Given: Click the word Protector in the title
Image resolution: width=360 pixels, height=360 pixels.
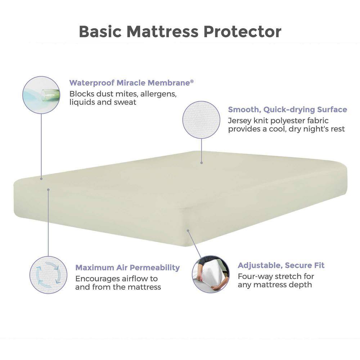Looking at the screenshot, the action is (x=242, y=31).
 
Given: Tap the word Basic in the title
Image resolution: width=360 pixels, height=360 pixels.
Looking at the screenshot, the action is (x=100, y=31).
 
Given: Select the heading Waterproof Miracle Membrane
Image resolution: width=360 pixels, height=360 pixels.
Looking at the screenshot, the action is (x=130, y=83).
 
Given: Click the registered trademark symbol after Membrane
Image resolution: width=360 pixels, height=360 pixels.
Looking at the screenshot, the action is (x=192, y=81).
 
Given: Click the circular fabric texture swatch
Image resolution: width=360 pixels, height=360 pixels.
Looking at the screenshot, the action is (x=201, y=120).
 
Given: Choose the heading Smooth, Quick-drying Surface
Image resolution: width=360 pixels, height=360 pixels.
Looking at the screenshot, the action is (x=287, y=109).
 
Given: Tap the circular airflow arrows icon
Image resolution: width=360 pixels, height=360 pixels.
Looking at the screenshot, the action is (x=48, y=275).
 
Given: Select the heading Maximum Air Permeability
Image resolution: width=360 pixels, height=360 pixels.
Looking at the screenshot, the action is (x=127, y=268).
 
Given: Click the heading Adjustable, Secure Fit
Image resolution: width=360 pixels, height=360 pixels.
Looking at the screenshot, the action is (x=281, y=265).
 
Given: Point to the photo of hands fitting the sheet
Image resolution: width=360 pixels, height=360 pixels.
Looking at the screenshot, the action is (x=211, y=274).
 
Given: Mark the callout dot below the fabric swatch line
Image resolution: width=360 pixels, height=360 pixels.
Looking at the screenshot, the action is (x=202, y=163).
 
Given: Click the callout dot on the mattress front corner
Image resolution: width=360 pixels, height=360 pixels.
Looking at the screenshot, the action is (x=188, y=230).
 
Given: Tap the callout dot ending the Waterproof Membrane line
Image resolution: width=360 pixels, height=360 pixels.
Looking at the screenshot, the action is (x=41, y=179).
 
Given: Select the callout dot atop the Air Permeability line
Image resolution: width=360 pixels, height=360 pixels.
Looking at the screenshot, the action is (x=48, y=190).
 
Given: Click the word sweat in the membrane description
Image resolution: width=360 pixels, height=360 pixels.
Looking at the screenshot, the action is (x=125, y=102).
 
